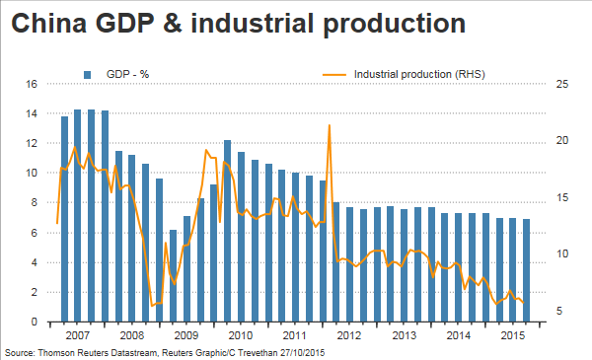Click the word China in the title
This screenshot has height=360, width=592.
(48, 23)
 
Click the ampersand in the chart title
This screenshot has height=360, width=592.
(172, 23)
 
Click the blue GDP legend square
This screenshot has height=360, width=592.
(87, 74)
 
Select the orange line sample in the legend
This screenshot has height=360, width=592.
(334, 75)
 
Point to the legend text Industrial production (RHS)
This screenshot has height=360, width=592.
(419, 74)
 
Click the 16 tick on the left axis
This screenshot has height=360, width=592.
(32, 84)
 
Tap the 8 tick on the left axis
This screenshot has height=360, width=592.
(34, 202)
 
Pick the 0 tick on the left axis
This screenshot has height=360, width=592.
(34, 322)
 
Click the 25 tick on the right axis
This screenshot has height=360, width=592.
(561, 84)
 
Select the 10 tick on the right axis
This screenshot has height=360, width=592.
(561, 253)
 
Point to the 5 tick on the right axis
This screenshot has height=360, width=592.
(559, 311)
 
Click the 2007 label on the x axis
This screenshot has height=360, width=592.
(77, 335)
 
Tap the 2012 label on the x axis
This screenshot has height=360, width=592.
(349, 335)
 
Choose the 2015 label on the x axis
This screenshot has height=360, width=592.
(513, 335)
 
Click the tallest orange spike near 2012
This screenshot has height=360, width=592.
(330, 125)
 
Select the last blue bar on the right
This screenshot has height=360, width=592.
(526, 270)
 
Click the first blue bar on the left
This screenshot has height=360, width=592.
(64, 219)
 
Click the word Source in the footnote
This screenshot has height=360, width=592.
(20, 353)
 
